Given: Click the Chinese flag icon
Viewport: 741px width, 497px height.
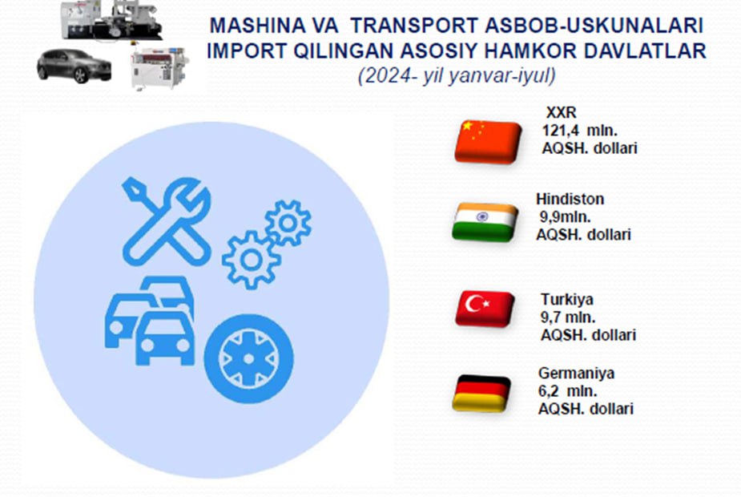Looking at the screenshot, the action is [488, 143].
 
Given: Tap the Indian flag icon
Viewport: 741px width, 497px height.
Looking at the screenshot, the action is [485, 222].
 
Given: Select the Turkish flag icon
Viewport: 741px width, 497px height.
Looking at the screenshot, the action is [485, 309].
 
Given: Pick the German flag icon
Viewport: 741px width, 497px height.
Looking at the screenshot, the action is [481, 393].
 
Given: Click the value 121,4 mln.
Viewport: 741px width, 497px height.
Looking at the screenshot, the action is [579, 130].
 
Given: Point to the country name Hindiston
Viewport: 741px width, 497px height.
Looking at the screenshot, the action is [570, 199].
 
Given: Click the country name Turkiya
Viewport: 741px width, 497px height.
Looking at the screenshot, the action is [567, 299].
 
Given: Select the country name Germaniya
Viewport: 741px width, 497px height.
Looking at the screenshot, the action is [576, 373].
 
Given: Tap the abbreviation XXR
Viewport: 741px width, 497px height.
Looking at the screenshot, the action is [561, 112].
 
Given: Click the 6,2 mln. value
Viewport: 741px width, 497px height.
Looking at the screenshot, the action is [567, 391].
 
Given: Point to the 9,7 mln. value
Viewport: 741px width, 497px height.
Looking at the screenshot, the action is [567, 317].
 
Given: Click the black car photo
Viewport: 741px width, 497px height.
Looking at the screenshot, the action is [75, 65].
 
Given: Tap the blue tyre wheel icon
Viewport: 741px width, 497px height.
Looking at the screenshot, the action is [248, 359].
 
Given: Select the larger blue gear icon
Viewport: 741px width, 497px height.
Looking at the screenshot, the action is [251, 260].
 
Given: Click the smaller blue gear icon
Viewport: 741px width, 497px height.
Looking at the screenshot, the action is [288, 223].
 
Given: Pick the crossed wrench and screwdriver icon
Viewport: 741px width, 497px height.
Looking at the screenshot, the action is [167, 221].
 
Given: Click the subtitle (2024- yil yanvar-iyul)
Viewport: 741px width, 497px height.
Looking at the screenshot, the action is [457, 75].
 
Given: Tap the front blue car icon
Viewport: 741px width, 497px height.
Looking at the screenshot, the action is [165, 337].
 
